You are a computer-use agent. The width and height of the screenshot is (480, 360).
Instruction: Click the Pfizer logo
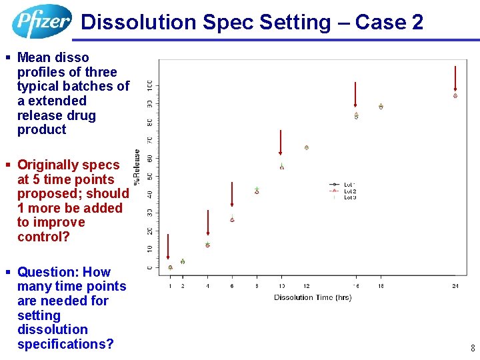pyautogui.click(x=41, y=21)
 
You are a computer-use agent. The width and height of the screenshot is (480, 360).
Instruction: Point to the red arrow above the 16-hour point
pyautogui.click(x=356, y=94)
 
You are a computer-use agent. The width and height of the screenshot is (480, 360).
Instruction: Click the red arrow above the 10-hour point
pyautogui.click(x=281, y=143)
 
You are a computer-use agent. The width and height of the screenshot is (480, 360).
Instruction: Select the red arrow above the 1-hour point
pyautogui.click(x=169, y=246)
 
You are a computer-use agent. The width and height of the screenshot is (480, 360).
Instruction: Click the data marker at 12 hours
pyautogui.click(x=307, y=147)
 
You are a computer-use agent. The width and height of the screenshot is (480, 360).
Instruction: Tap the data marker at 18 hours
pyautogui.click(x=381, y=106)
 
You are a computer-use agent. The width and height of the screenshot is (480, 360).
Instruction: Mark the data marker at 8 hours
pyautogui.click(x=257, y=191)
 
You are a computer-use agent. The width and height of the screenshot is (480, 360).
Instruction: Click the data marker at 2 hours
pyautogui.click(x=183, y=261)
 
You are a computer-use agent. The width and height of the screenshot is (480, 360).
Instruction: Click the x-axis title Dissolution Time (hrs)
pyautogui.click(x=313, y=297)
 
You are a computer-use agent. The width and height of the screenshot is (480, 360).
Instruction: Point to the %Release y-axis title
pyautogui.click(x=137, y=167)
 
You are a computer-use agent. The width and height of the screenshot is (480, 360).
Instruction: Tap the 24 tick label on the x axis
pyautogui.click(x=455, y=285)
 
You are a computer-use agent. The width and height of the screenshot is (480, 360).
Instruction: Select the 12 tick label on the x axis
pyautogui.click(x=307, y=285)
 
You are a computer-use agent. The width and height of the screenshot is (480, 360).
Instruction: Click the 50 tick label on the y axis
pyautogui.click(x=149, y=176)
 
